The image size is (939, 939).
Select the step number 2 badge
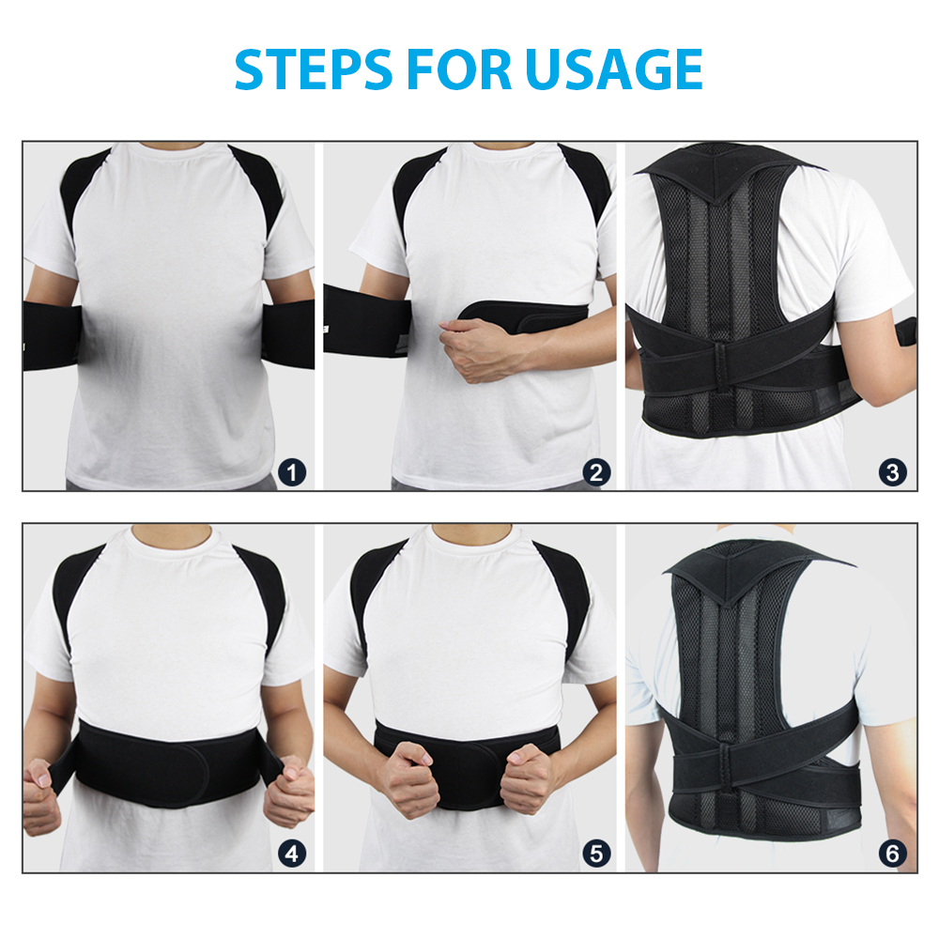click(595, 473)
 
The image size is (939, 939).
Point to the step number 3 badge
click(893, 473)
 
